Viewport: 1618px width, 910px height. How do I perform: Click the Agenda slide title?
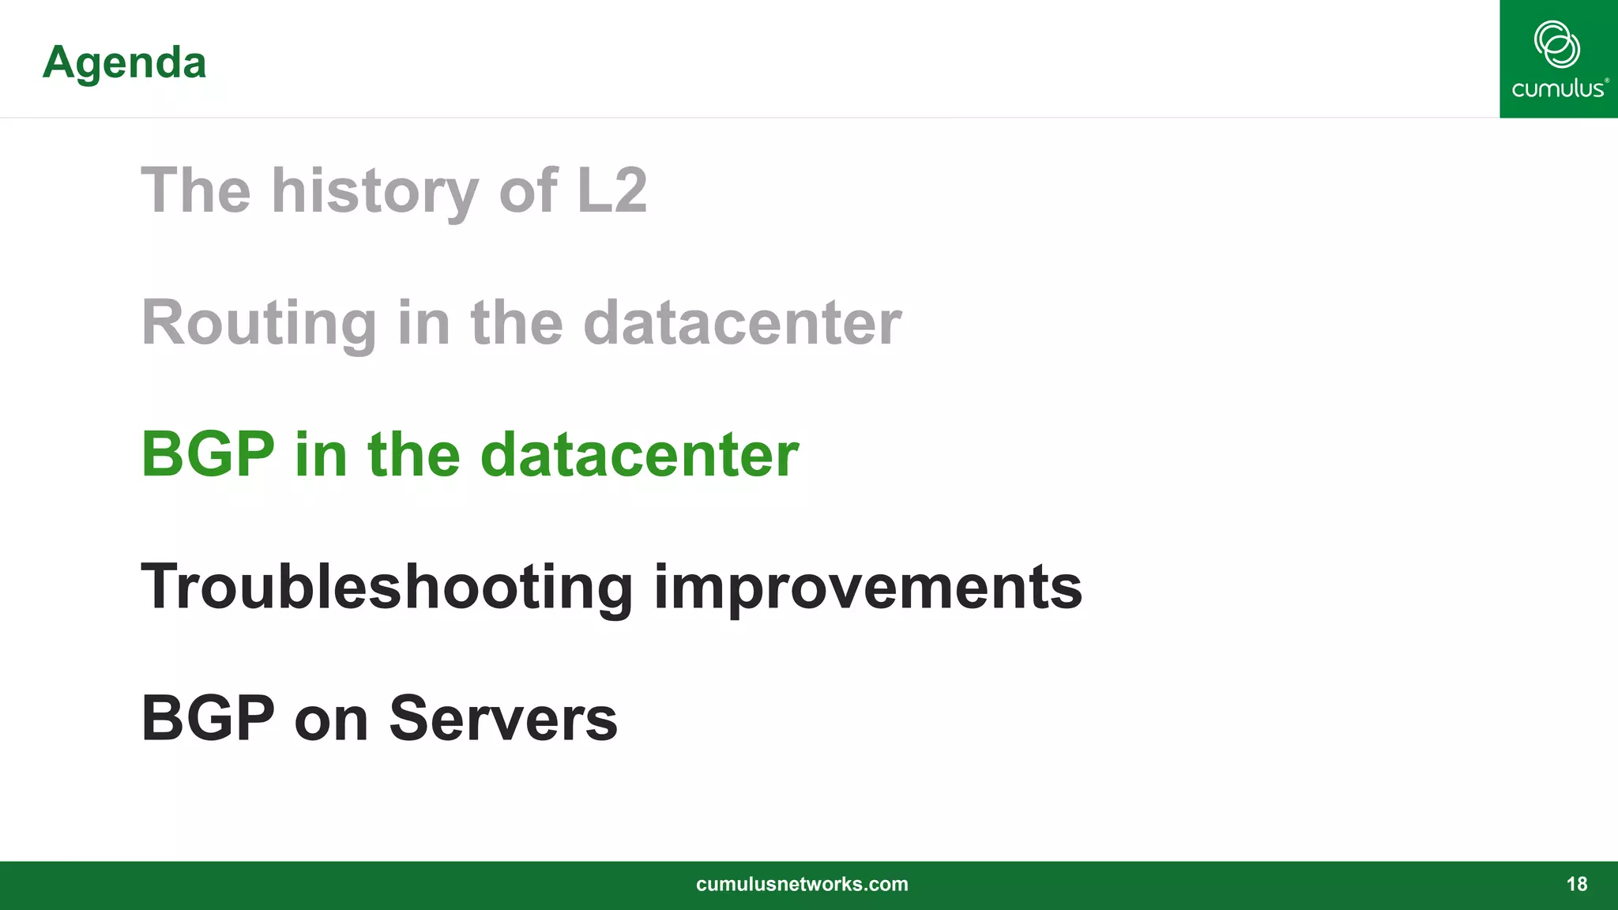(x=124, y=62)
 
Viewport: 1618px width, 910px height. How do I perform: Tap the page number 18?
(x=1576, y=884)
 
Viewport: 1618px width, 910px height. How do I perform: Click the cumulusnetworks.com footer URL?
(x=802, y=884)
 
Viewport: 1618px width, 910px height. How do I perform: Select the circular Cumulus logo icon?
(x=1556, y=44)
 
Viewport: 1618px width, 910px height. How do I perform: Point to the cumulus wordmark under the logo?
(x=1559, y=88)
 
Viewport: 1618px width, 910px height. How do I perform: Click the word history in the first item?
(x=375, y=191)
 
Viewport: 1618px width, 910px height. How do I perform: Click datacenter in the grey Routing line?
(x=742, y=323)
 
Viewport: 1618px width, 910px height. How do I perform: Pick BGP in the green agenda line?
(x=208, y=454)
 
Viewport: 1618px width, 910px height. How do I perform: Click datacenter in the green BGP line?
(x=639, y=454)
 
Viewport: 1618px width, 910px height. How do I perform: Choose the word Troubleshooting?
(x=387, y=587)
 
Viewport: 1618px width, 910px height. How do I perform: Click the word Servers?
(x=503, y=718)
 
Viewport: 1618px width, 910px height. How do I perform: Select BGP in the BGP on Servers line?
(x=208, y=718)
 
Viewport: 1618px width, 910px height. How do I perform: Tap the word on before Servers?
(x=331, y=720)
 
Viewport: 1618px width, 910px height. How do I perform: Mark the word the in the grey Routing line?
(x=517, y=323)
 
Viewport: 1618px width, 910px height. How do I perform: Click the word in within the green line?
(x=321, y=454)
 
